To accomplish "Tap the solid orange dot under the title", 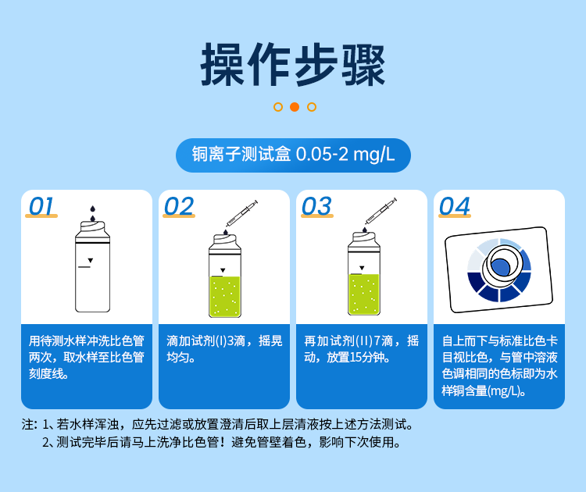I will (x=294, y=107).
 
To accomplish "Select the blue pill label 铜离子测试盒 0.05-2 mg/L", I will (x=293, y=155).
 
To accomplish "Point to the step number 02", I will (x=179, y=206).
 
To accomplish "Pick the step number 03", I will (x=316, y=206).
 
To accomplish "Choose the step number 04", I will (x=455, y=206).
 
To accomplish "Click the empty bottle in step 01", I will (x=91, y=269).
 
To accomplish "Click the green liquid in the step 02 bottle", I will (x=225, y=295).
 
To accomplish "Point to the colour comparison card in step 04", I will (x=498, y=269).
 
